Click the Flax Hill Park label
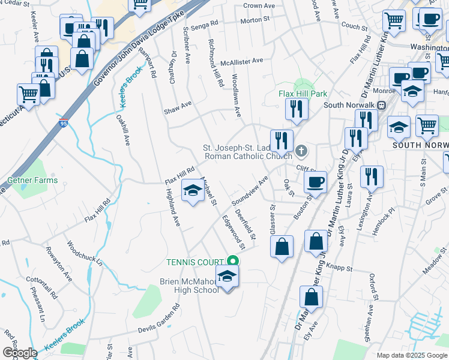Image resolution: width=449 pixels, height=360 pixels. (x=303, y=94)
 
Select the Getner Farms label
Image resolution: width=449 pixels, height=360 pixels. (x=33, y=180)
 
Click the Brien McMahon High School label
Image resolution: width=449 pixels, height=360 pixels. (x=189, y=286)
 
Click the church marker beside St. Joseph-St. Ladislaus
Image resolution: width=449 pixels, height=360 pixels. (x=301, y=150)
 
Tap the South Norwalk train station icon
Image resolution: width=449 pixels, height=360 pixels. (x=381, y=104)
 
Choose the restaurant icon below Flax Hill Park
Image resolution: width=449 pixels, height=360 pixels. (x=297, y=109)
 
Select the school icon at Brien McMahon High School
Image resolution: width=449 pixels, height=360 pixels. (x=227, y=277)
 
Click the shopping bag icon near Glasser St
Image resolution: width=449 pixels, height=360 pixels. (x=282, y=245)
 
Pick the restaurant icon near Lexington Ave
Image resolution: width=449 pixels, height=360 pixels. (x=372, y=176)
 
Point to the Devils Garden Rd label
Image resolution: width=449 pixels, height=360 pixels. (x=159, y=317)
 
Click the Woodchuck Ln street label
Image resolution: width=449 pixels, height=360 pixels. (x=85, y=254)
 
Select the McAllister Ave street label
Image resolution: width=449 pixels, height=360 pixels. (x=242, y=61)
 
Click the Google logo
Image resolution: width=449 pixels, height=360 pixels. (x=20, y=353)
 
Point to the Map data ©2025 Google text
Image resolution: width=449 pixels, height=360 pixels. (x=411, y=355)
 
